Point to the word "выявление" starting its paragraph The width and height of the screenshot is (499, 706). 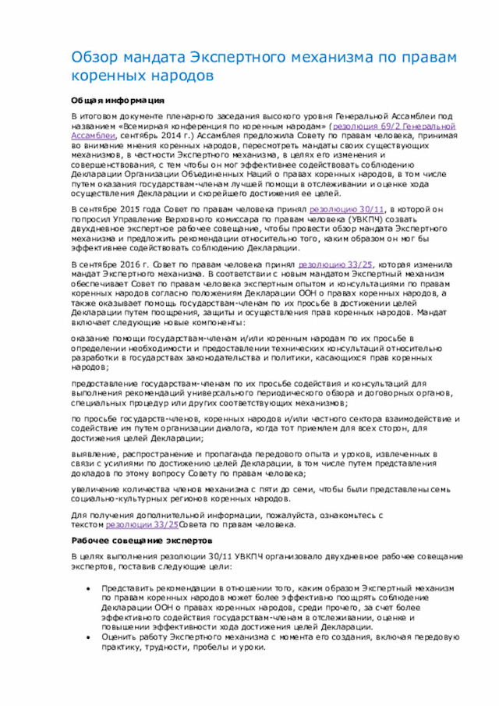95,453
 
